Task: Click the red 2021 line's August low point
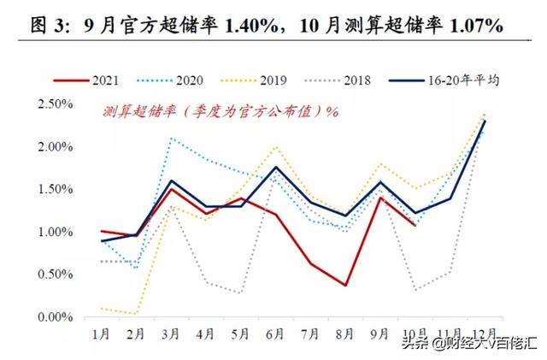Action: (x=344, y=285)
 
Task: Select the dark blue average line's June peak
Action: (x=274, y=168)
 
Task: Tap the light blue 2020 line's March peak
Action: (x=171, y=138)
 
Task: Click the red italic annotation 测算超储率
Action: (x=141, y=112)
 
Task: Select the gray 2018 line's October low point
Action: (x=415, y=290)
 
